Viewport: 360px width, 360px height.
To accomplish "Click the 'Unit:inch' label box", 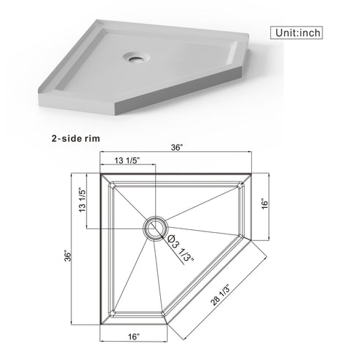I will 306,32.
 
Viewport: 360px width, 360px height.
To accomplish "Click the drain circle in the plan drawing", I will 155,227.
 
